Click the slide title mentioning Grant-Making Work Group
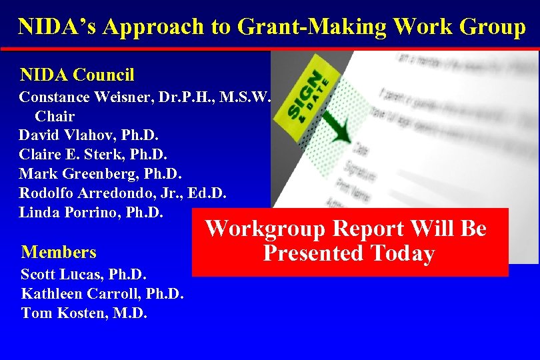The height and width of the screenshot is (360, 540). tap(271, 27)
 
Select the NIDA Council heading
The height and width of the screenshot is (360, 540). tap(77, 74)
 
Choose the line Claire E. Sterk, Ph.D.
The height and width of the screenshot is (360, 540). tap(93, 155)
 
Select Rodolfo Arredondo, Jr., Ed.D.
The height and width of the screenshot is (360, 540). tap(123, 193)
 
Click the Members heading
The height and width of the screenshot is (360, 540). tap(59, 252)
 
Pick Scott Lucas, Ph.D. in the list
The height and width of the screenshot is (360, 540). tap(84, 274)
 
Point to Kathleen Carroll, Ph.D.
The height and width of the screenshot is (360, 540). tap(103, 293)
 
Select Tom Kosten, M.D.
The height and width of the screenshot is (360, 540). tap(84, 313)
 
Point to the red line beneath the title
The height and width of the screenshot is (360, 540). tap(270, 49)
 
